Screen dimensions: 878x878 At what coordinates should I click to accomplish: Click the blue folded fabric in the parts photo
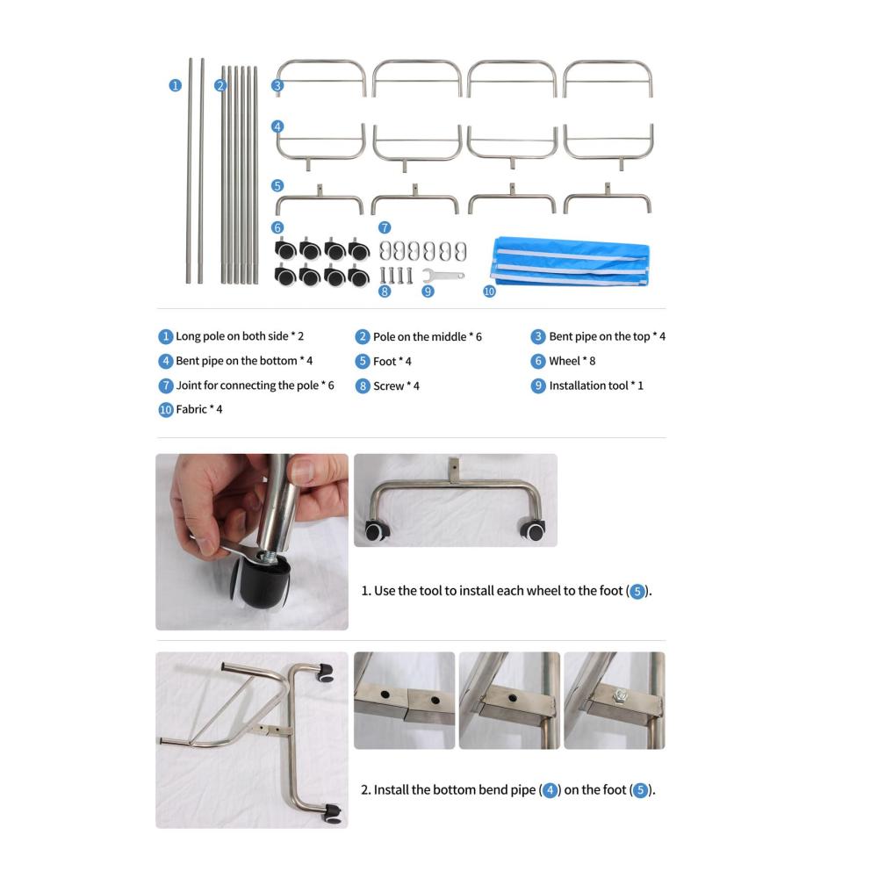[x=570, y=262]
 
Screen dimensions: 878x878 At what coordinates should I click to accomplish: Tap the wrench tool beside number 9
[x=443, y=275]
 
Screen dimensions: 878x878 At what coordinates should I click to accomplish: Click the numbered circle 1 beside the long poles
[x=176, y=85]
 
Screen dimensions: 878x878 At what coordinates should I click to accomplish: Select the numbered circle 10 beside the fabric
[x=489, y=291]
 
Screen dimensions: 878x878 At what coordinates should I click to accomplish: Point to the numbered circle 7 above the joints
[x=385, y=227]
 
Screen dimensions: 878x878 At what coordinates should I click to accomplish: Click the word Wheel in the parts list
[x=565, y=361]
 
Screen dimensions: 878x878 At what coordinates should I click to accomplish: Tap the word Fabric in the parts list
[x=191, y=409]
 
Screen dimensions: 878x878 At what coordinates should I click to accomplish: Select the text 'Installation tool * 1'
[x=596, y=385]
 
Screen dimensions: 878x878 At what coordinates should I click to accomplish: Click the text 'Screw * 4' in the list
[x=397, y=385]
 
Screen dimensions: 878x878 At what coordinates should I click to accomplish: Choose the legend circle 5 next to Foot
[x=363, y=361]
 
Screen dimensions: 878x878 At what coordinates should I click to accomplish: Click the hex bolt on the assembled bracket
[x=620, y=695]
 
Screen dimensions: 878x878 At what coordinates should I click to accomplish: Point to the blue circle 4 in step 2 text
[x=550, y=790]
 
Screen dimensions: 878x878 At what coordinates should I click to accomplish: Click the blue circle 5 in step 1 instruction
[x=637, y=591]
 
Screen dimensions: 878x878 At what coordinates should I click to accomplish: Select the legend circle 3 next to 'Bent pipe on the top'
[x=538, y=336]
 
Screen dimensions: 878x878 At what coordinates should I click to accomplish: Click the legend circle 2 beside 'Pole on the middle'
[x=363, y=336]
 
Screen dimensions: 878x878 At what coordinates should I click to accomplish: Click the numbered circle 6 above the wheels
[x=277, y=227]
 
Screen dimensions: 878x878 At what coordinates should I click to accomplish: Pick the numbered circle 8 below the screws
[x=385, y=291]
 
